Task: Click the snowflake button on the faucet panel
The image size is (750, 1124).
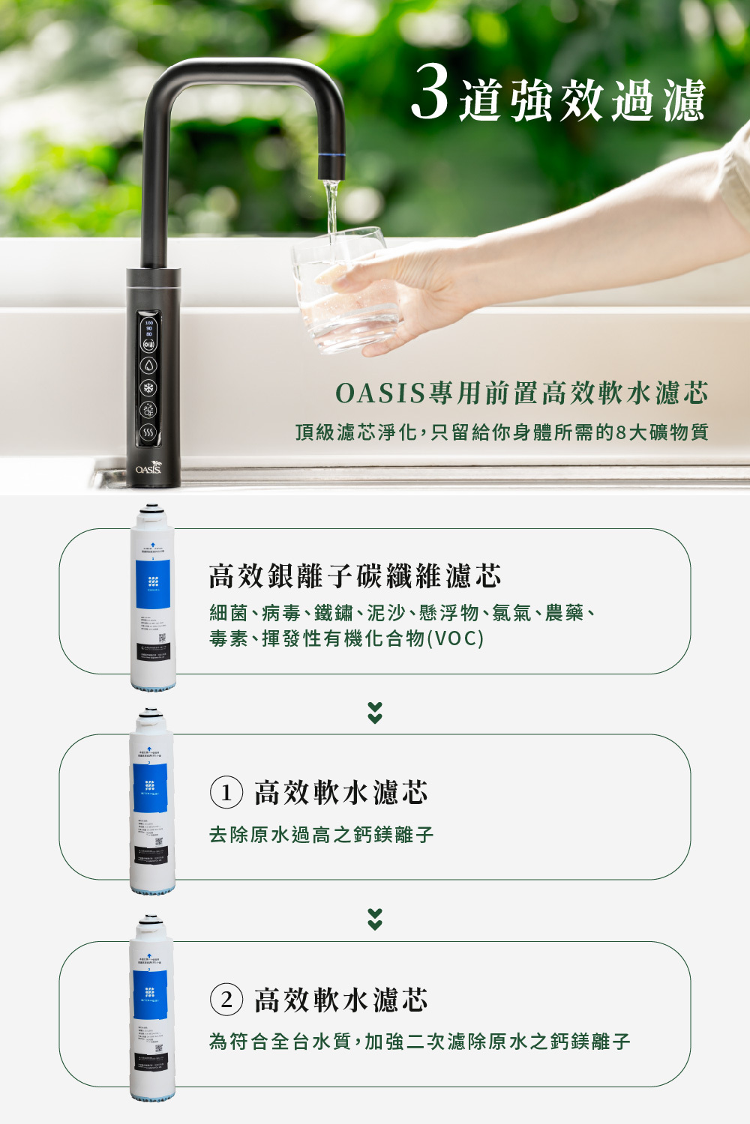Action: coord(149,388)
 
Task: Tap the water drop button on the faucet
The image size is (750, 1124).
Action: coord(149,366)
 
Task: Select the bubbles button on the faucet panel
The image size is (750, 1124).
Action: coord(149,410)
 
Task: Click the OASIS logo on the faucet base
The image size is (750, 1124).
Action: coord(148,468)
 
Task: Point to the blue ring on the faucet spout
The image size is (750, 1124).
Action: coord(331,155)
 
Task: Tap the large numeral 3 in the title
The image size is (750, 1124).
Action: coord(430,93)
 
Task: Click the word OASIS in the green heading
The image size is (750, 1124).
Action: coord(380,393)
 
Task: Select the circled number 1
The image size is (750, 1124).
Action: coord(226,793)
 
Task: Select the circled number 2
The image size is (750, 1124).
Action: coord(226,1000)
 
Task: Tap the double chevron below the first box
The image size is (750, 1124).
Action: coord(375,713)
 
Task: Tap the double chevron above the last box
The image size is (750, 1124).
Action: coord(375,919)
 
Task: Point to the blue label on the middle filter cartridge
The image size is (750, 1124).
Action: coord(151,787)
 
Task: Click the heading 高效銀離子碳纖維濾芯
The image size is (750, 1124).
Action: coord(355,576)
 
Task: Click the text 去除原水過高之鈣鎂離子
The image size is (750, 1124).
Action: coord(321,835)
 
